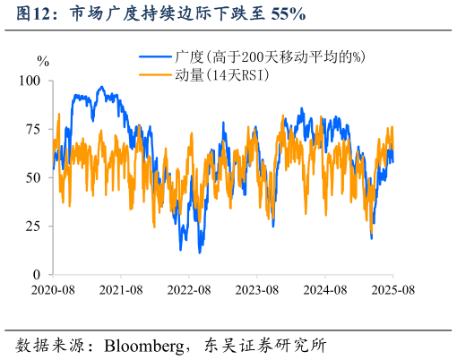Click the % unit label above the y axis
[43, 61]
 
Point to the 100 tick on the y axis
[30, 81]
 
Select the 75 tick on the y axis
[34, 129]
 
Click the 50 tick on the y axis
[34, 177]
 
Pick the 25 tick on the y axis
[34, 226]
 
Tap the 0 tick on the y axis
[38, 274]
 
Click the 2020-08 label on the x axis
[52, 290]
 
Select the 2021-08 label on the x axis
[120, 290]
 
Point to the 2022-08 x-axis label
[188, 290]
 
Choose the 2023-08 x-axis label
[256, 290]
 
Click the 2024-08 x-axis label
[324, 290]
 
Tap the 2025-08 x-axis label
[392, 290]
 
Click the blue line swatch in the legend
[155, 56]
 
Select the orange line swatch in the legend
[155, 75]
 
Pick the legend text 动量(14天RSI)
[223, 75]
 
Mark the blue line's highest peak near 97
[101, 87]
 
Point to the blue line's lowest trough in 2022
[199, 252]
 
